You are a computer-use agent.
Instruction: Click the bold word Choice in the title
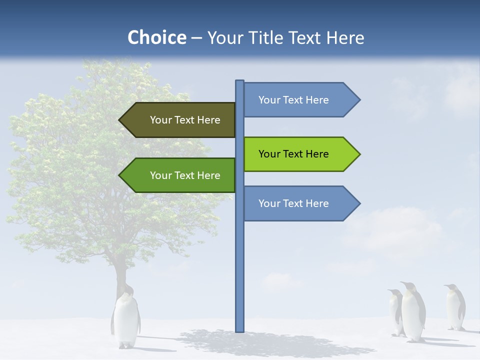point(156,37)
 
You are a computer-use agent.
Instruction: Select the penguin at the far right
point(454,307)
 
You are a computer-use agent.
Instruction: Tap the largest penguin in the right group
point(413,312)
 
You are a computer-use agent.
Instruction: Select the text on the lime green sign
point(293,154)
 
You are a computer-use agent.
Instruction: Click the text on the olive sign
point(185,120)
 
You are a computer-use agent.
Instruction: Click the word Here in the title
point(345,37)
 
